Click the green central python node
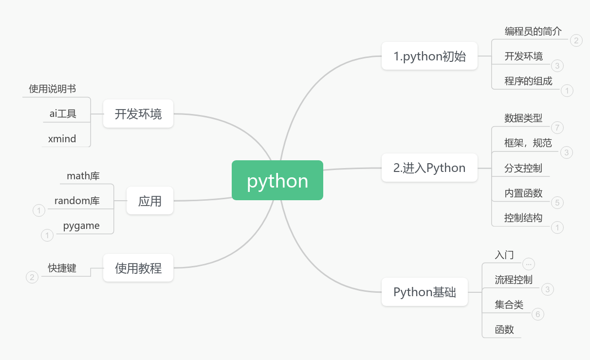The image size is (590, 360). [x=277, y=180]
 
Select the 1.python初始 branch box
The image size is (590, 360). [x=429, y=56]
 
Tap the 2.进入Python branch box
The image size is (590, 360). [x=429, y=168]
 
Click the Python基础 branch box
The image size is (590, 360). [x=424, y=292]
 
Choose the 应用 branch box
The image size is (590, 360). [x=149, y=201]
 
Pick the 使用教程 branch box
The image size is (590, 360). [x=138, y=268]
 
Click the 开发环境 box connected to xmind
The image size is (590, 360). [x=138, y=114]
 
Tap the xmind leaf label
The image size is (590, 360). [x=62, y=139]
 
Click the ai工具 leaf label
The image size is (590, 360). [x=63, y=114]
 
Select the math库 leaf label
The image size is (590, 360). [x=83, y=176]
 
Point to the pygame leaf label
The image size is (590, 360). [x=81, y=226]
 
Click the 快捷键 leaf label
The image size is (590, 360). [x=62, y=268]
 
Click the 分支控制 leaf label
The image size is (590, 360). [x=523, y=169]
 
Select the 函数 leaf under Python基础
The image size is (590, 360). [x=504, y=330]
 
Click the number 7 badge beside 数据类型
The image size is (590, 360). [x=557, y=128]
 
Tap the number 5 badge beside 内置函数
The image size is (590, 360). [x=557, y=203]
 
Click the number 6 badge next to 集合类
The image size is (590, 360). [x=538, y=314]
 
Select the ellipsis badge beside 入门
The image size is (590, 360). [x=528, y=264]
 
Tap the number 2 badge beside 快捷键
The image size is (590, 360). [x=32, y=277]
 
